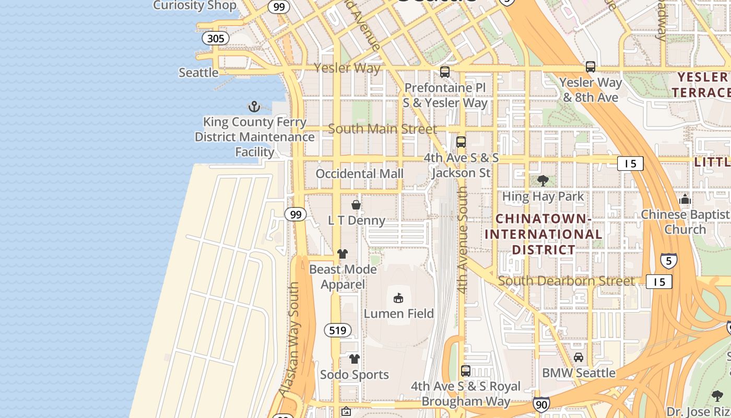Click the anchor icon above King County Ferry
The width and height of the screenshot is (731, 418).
point(254,107)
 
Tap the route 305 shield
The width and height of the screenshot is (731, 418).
point(216,38)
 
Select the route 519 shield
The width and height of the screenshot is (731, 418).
point(337,330)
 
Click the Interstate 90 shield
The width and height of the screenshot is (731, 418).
point(541,404)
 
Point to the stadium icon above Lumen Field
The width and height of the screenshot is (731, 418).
point(398,298)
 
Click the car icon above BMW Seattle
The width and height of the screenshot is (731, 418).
point(579,357)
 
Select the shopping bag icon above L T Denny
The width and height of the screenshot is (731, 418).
point(356,205)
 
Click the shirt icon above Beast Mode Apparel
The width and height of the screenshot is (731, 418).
point(343,254)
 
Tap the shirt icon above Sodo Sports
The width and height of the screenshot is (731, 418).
point(355,359)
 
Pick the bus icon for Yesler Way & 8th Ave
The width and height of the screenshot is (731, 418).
point(591,67)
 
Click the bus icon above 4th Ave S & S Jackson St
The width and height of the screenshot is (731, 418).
point(461,142)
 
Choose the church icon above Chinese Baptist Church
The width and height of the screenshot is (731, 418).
point(685,199)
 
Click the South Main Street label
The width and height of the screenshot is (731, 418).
point(382,129)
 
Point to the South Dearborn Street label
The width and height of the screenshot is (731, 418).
point(566,281)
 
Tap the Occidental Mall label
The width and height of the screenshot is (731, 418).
point(359,173)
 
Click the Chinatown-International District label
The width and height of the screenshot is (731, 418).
point(543,234)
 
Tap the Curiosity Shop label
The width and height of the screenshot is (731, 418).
point(194,6)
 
